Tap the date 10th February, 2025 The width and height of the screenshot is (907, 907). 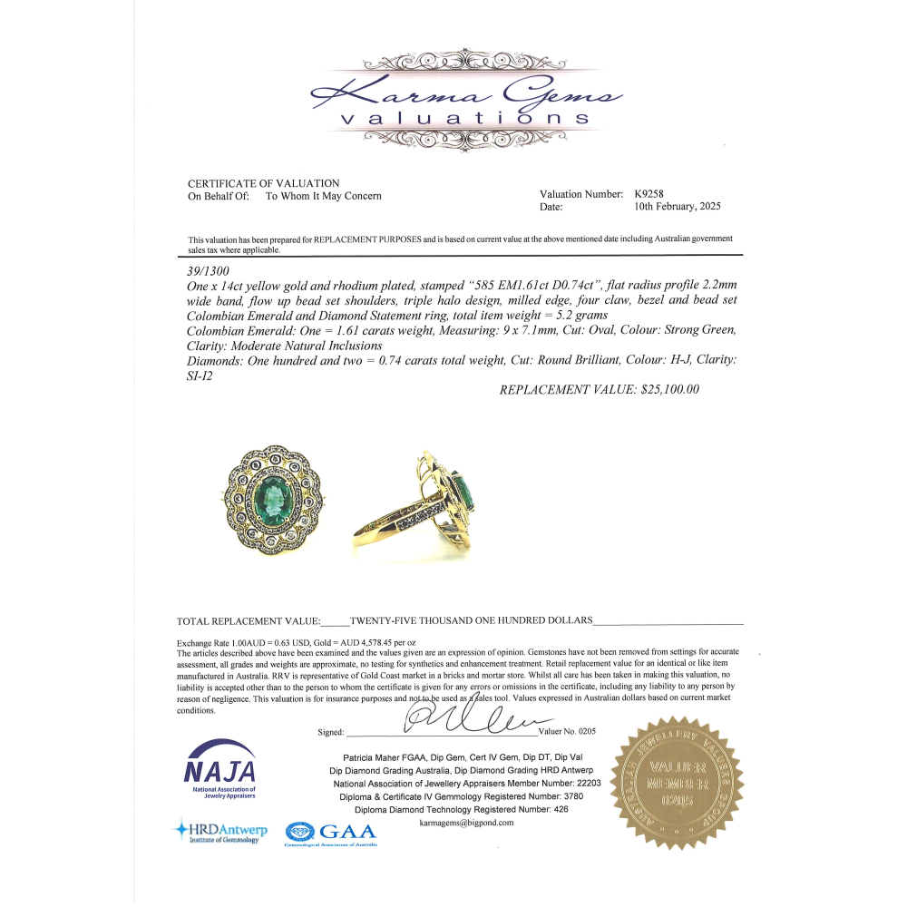[x=678, y=207]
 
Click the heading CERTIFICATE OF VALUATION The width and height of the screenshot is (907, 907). [x=263, y=183]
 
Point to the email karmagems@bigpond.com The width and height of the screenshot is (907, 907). [x=467, y=823]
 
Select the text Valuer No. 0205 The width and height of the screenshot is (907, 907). [x=567, y=731]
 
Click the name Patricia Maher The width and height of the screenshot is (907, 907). [x=374, y=756]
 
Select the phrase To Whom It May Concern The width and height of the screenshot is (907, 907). [x=323, y=196]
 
